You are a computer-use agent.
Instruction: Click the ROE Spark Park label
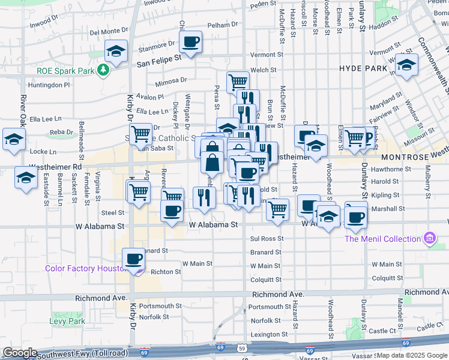(65, 70)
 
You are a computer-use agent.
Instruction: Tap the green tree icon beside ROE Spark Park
(104, 70)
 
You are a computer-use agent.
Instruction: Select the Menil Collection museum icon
(429, 239)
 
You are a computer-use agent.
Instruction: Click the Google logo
(20, 353)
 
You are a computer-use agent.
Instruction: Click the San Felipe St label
(158, 61)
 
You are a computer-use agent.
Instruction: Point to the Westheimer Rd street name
(52, 167)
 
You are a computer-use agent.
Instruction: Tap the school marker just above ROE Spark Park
(116, 50)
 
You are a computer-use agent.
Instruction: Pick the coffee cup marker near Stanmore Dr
(190, 41)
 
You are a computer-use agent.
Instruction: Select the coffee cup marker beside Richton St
(133, 259)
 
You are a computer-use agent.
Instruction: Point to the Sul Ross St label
(265, 239)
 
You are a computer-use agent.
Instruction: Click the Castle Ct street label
(382, 331)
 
